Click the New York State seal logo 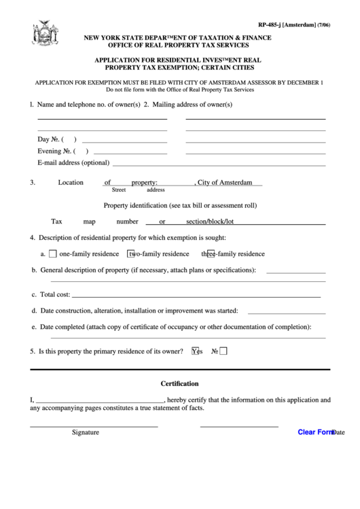41,33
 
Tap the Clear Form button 316,432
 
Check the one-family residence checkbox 53,254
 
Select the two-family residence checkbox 132,254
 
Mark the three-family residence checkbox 211,254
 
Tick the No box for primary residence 223,351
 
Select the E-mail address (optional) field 217,164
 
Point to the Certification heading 179,383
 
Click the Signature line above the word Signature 94,425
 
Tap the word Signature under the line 86,432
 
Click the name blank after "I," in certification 99,402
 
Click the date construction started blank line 286,313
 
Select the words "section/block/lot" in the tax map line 210,222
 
